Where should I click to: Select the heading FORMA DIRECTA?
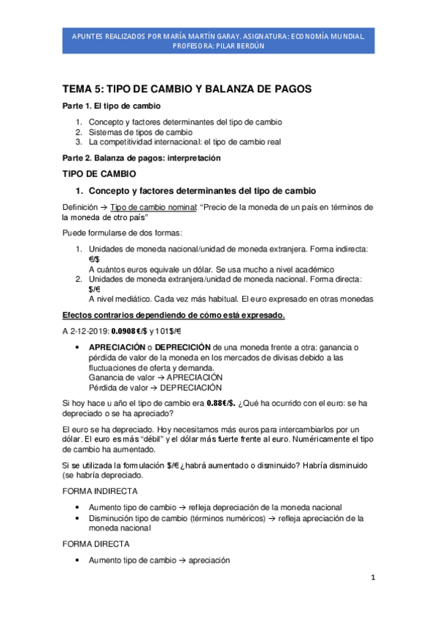96,544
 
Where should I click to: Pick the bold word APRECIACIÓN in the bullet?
120,348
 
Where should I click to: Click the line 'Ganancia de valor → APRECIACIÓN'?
155,378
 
